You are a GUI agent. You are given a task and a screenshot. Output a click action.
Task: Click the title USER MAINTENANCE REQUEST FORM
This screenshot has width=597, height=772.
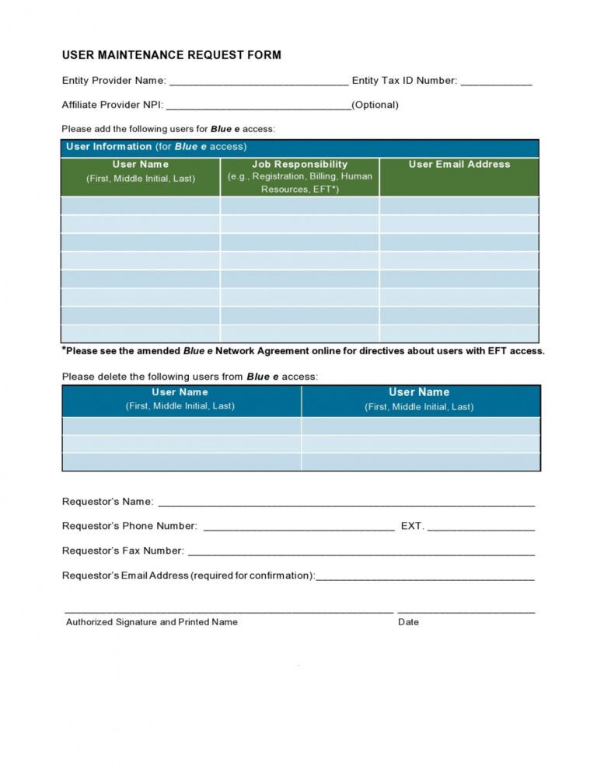coord(171,55)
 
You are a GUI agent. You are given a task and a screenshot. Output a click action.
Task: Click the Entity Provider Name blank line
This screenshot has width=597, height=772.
coord(258,82)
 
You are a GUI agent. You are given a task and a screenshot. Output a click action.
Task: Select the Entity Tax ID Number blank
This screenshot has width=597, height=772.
coord(496,82)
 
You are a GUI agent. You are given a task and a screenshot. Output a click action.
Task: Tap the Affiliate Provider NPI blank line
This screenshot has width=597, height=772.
coord(258,106)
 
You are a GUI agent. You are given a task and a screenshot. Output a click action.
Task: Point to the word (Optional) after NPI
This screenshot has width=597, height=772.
coord(375,105)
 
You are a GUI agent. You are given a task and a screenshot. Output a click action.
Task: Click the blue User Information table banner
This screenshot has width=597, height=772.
coord(299,147)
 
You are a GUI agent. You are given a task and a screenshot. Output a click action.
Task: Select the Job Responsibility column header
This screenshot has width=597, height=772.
coord(299,176)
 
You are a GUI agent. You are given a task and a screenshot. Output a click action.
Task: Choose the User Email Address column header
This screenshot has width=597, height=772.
coord(459,165)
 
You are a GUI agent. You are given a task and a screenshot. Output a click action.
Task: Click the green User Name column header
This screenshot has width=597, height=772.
coord(140,171)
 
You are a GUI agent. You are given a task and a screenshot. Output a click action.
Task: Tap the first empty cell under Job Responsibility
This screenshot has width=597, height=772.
coord(299,206)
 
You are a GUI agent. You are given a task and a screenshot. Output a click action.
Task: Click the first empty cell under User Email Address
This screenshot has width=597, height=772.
coord(459,206)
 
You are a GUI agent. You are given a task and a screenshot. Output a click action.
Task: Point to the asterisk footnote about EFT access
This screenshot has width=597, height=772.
coord(303,351)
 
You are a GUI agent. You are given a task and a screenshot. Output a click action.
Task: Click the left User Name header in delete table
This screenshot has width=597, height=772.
coord(180,399)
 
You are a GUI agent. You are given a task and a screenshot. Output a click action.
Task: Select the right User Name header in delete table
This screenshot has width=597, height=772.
coord(419,399)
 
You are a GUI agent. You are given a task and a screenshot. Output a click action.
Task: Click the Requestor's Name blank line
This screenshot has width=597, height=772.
coord(346,502)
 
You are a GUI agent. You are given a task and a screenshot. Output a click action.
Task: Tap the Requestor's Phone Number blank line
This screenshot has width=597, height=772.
coord(298,527)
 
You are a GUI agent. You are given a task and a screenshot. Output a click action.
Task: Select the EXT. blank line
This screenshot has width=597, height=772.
coord(480,527)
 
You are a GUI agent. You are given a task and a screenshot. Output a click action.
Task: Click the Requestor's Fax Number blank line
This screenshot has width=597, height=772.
coord(361,551)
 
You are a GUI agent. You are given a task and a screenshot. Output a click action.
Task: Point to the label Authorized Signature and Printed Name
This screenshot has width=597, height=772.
coord(152,622)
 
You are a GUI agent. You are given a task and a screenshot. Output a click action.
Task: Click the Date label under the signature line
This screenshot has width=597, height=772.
coord(408,622)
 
